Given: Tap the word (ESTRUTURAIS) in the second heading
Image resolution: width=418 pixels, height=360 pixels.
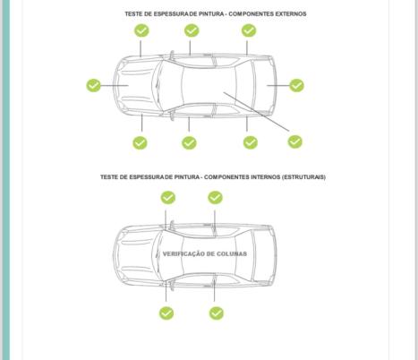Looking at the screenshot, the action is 303,177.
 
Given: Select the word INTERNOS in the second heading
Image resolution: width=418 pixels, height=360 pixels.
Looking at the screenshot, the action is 265,177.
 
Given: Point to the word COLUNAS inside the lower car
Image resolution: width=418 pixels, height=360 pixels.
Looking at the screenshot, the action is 232,253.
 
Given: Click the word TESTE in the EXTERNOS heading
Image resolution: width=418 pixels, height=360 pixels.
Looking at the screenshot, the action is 133,14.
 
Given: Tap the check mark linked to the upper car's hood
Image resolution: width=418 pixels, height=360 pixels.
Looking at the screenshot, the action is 93,85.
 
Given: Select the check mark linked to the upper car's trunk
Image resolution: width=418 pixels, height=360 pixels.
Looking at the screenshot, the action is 296,85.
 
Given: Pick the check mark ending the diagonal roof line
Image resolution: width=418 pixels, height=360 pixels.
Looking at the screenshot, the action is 295,141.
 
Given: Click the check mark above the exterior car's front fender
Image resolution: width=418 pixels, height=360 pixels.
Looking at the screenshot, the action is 141,30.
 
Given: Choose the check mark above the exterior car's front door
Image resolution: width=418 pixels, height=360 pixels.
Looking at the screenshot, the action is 192,30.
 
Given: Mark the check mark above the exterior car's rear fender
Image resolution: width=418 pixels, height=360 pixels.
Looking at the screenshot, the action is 249,30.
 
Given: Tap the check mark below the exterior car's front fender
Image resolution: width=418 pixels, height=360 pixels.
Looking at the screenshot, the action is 140,142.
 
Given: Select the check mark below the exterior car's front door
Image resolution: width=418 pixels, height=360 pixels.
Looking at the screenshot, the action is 189,142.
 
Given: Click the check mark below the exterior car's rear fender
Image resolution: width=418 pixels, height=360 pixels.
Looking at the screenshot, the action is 251,142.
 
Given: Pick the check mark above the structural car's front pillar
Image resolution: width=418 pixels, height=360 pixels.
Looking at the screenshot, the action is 168,198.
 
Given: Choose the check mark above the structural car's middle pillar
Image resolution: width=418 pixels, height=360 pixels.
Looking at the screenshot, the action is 215,198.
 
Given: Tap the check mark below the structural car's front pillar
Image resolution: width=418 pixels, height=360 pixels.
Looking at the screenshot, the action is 166,313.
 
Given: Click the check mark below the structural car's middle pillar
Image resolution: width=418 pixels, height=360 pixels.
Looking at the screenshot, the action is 217,313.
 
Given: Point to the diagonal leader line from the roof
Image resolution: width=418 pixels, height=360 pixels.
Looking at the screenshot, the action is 257,112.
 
